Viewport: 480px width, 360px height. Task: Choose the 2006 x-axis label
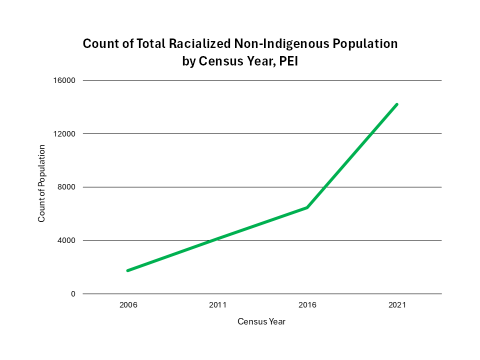127,305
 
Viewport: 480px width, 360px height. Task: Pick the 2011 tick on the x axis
217,305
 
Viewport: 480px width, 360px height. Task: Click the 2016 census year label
307,305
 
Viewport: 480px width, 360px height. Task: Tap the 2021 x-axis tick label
397,305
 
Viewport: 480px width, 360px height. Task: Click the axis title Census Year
262,321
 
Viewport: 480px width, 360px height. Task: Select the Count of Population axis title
43,187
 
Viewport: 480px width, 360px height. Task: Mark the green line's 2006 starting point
127,270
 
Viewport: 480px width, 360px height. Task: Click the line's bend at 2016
307,207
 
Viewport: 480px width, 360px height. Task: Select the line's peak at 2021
397,104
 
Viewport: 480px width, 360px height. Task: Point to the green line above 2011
217,238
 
